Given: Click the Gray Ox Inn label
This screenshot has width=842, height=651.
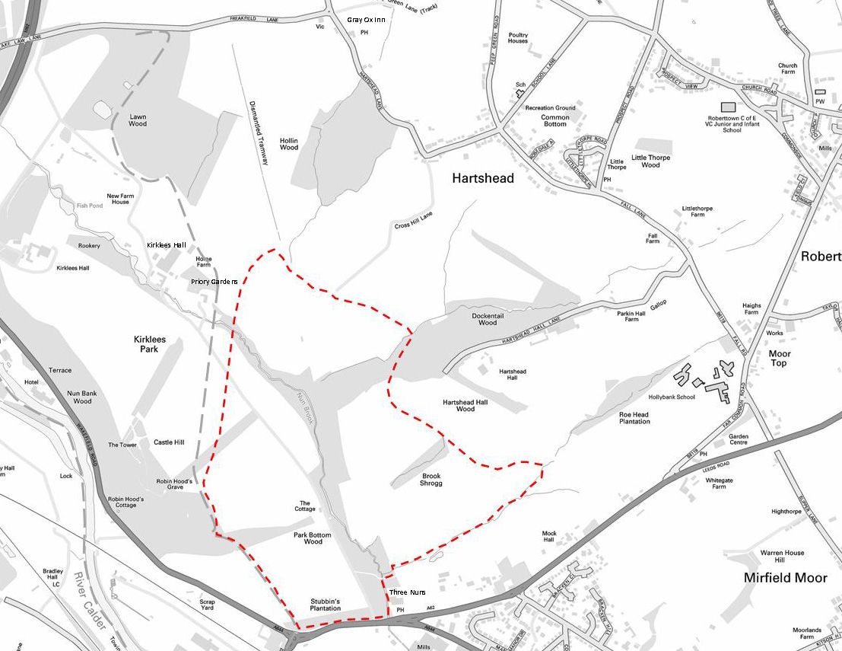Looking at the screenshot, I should pos(366,19).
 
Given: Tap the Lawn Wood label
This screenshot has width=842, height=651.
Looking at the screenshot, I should pos(138,120).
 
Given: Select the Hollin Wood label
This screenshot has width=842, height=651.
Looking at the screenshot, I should pos(289,144).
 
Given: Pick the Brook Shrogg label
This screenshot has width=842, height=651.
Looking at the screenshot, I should pos(432,480).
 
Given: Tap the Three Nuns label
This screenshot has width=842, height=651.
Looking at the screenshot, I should pos(407,592).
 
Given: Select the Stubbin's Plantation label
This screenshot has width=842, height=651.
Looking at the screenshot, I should pos(326,605).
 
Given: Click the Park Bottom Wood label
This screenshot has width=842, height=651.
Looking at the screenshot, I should pos(313,538).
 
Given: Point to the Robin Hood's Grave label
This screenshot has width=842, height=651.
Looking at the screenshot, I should pos(174,485).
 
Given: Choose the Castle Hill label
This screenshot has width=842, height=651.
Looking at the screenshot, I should pos(169,442).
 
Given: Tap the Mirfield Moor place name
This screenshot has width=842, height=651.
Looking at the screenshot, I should pos(785,578).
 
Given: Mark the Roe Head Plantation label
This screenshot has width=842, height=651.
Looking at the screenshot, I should pos(634,418).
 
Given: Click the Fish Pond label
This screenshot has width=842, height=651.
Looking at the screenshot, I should pos(88,206).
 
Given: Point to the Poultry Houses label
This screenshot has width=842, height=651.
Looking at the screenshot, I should pos(518,38).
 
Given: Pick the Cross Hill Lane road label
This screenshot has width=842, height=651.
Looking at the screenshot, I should pos(414,221).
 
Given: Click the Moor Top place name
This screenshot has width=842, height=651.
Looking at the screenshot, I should pos(780,358).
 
